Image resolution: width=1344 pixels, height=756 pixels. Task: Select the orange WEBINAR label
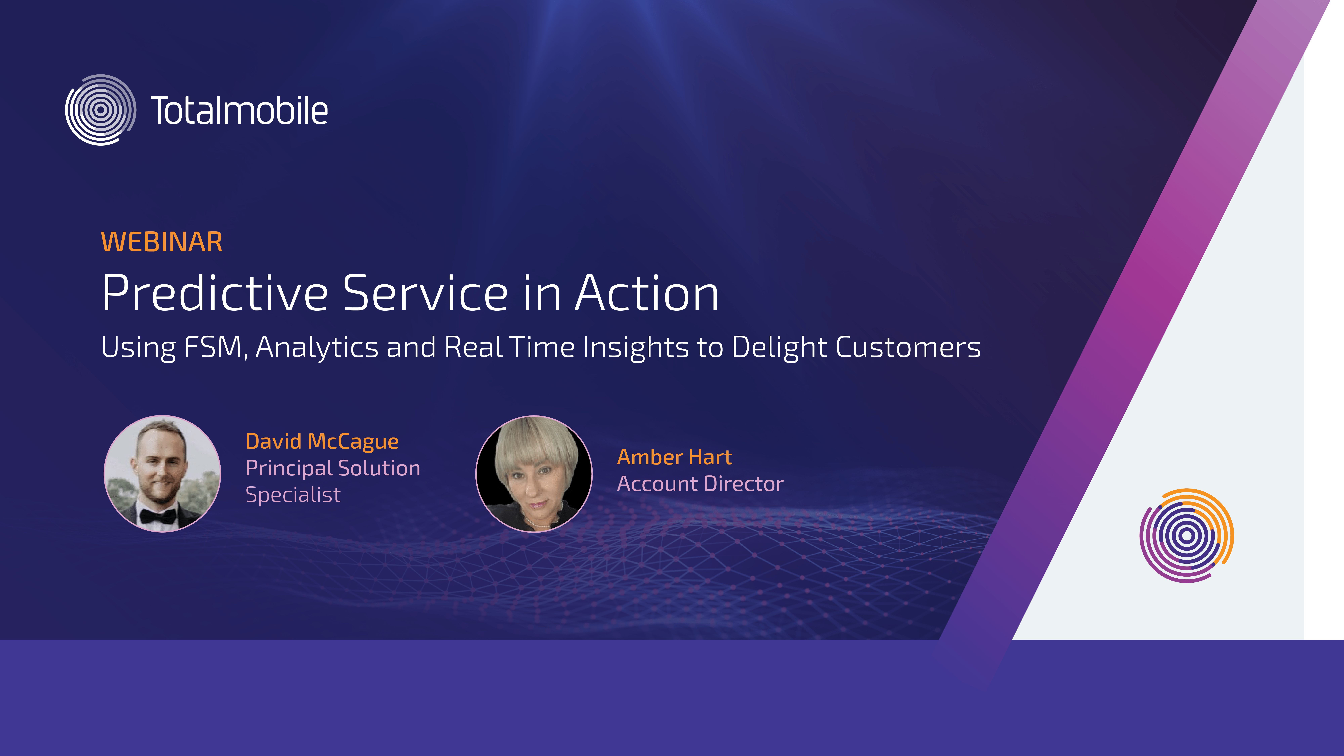[162, 242]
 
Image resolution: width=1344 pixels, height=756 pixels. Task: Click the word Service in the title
[425, 293]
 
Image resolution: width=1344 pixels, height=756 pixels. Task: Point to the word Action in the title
[647, 293]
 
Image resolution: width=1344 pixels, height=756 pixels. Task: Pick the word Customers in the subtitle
[908, 347]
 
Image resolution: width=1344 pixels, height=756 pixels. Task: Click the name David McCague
[322, 442]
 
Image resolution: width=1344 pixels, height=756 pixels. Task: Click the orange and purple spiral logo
[1186, 535]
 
